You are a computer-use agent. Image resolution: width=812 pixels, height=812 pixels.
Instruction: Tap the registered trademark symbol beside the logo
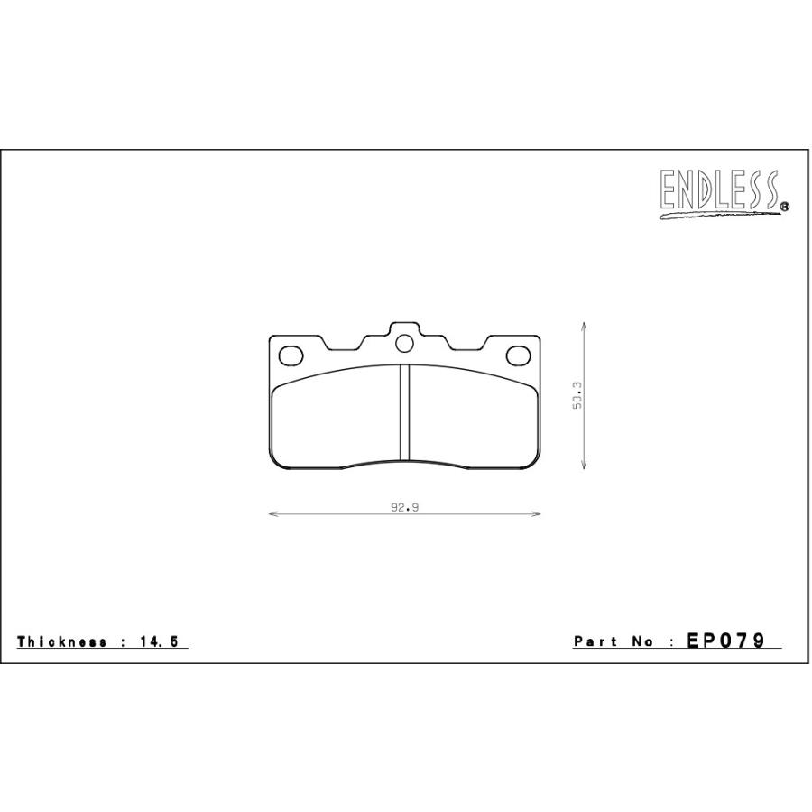[785, 206]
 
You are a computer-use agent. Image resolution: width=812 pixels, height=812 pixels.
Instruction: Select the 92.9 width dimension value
[404, 507]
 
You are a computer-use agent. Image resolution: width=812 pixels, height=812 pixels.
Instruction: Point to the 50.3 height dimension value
[577, 396]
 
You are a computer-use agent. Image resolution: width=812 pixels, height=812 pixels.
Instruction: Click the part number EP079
[725, 641]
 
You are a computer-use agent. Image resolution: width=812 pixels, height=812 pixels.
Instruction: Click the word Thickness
[61, 641]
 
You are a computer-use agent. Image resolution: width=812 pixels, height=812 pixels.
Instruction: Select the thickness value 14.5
[159, 641]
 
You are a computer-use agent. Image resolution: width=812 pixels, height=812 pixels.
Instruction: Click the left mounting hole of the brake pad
[291, 355]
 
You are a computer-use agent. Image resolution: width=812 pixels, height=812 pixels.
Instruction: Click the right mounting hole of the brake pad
[519, 355]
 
